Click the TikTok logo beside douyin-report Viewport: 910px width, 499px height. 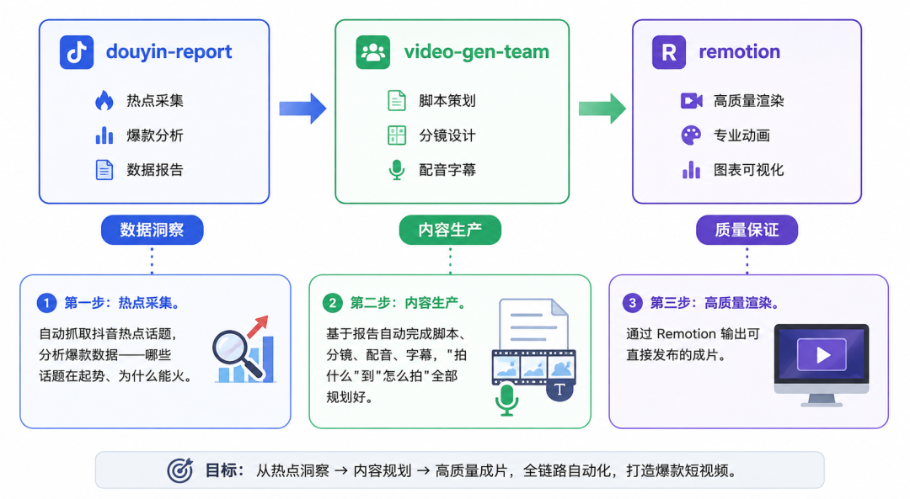pyautogui.click(x=77, y=52)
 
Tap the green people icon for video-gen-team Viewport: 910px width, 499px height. pyautogui.click(x=373, y=52)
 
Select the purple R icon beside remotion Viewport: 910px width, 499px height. pyautogui.click(x=668, y=52)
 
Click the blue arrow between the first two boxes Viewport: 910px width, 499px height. pyautogui.click(x=302, y=109)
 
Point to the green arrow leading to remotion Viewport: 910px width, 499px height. pyautogui.click(x=602, y=109)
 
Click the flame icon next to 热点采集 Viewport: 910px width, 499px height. pyautogui.click(x=104, y=100)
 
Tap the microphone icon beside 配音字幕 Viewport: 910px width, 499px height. pyautogui.click(x=397, y=170)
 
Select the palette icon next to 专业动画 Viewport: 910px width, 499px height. pyautogui.click(x=691, y=135)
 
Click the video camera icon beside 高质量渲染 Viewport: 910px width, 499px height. pyautogui.click(x=691, y=101)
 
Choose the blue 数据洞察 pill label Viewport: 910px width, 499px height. pyautogui.click(x=152, y=230)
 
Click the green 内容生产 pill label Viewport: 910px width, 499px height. pyautogui.click(x=450, y=230)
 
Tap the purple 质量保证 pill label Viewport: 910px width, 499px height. pyautogui.click(x=747, y=230)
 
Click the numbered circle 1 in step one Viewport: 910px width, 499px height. pyautogui.click(x=46, y=303)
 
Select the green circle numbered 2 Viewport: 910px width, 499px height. pyautogui.click(x=333, y=303)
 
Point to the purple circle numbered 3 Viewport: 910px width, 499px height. pyautogui.click(x=632, y=303)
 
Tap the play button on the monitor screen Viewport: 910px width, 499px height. pyautogui.click(x=822, y=354)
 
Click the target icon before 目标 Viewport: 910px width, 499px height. pyautogui.click(x=180, y=470)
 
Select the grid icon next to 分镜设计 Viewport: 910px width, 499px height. pyautogui.click(x=397, y=135)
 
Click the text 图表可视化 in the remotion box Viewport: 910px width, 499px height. pyautogui.click(x=749, y=170)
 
